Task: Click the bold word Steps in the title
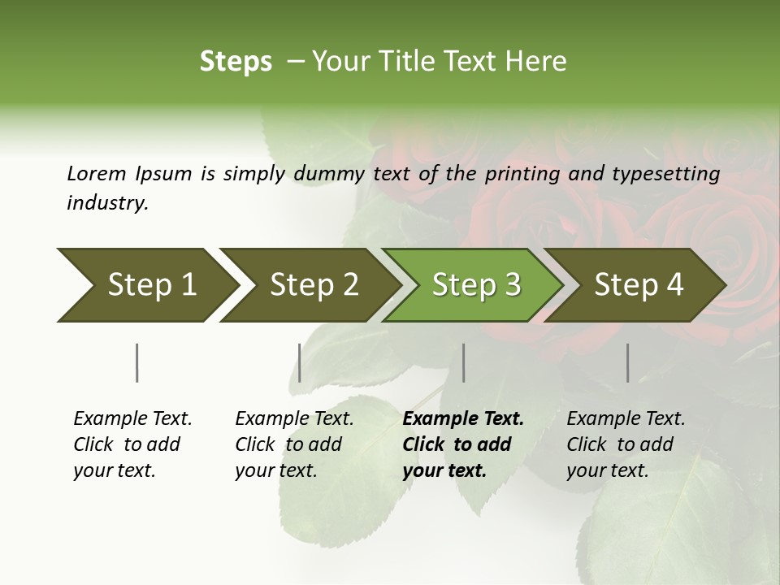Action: pyautogui.click(x=236, y=62)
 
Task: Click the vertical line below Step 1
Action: pyautogui.click(x=136, y=362)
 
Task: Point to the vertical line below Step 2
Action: pyautogui.click(x=300, y=362)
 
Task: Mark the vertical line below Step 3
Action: pyautogui.click(x=463, y=362)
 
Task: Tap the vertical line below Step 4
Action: pyautogui.click(x=627, y=362)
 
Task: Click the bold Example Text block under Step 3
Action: pyautogui.click(x=462, y=444)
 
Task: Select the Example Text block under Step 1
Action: pyautogui.click(x=132, y=444)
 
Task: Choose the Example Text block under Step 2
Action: pyautogui.click(x=294, y=444)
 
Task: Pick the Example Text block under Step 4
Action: pyautogui.click(x=626, y=444)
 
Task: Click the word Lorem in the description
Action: pyautogui.click(x=96, y=173)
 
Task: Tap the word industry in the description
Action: pyautogui.click(x=107, y=203)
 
